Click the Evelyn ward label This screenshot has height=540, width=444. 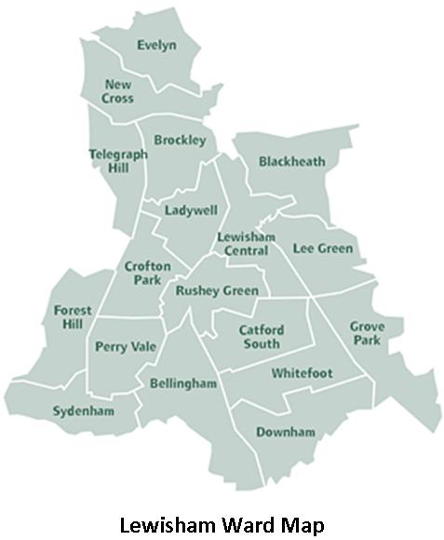(156, 45)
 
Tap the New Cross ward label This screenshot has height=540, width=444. (118, 91)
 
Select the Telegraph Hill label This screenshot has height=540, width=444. (118, 161)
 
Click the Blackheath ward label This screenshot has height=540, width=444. (292, 161)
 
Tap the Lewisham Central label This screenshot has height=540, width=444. (246, 243)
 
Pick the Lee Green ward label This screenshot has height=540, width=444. (323, 249)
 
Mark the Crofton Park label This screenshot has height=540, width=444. (148, 273)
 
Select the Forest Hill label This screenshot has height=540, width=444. (69, 317)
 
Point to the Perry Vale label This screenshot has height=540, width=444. (126, 347)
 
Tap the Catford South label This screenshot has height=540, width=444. (260, 337)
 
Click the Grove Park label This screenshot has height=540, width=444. (366, 332)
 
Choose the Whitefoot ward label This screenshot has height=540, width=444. (302, 373)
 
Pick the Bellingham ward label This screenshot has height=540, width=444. (182, 384)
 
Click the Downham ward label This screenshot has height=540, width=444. (286, 432)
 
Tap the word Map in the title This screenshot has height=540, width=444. (304, 524)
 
